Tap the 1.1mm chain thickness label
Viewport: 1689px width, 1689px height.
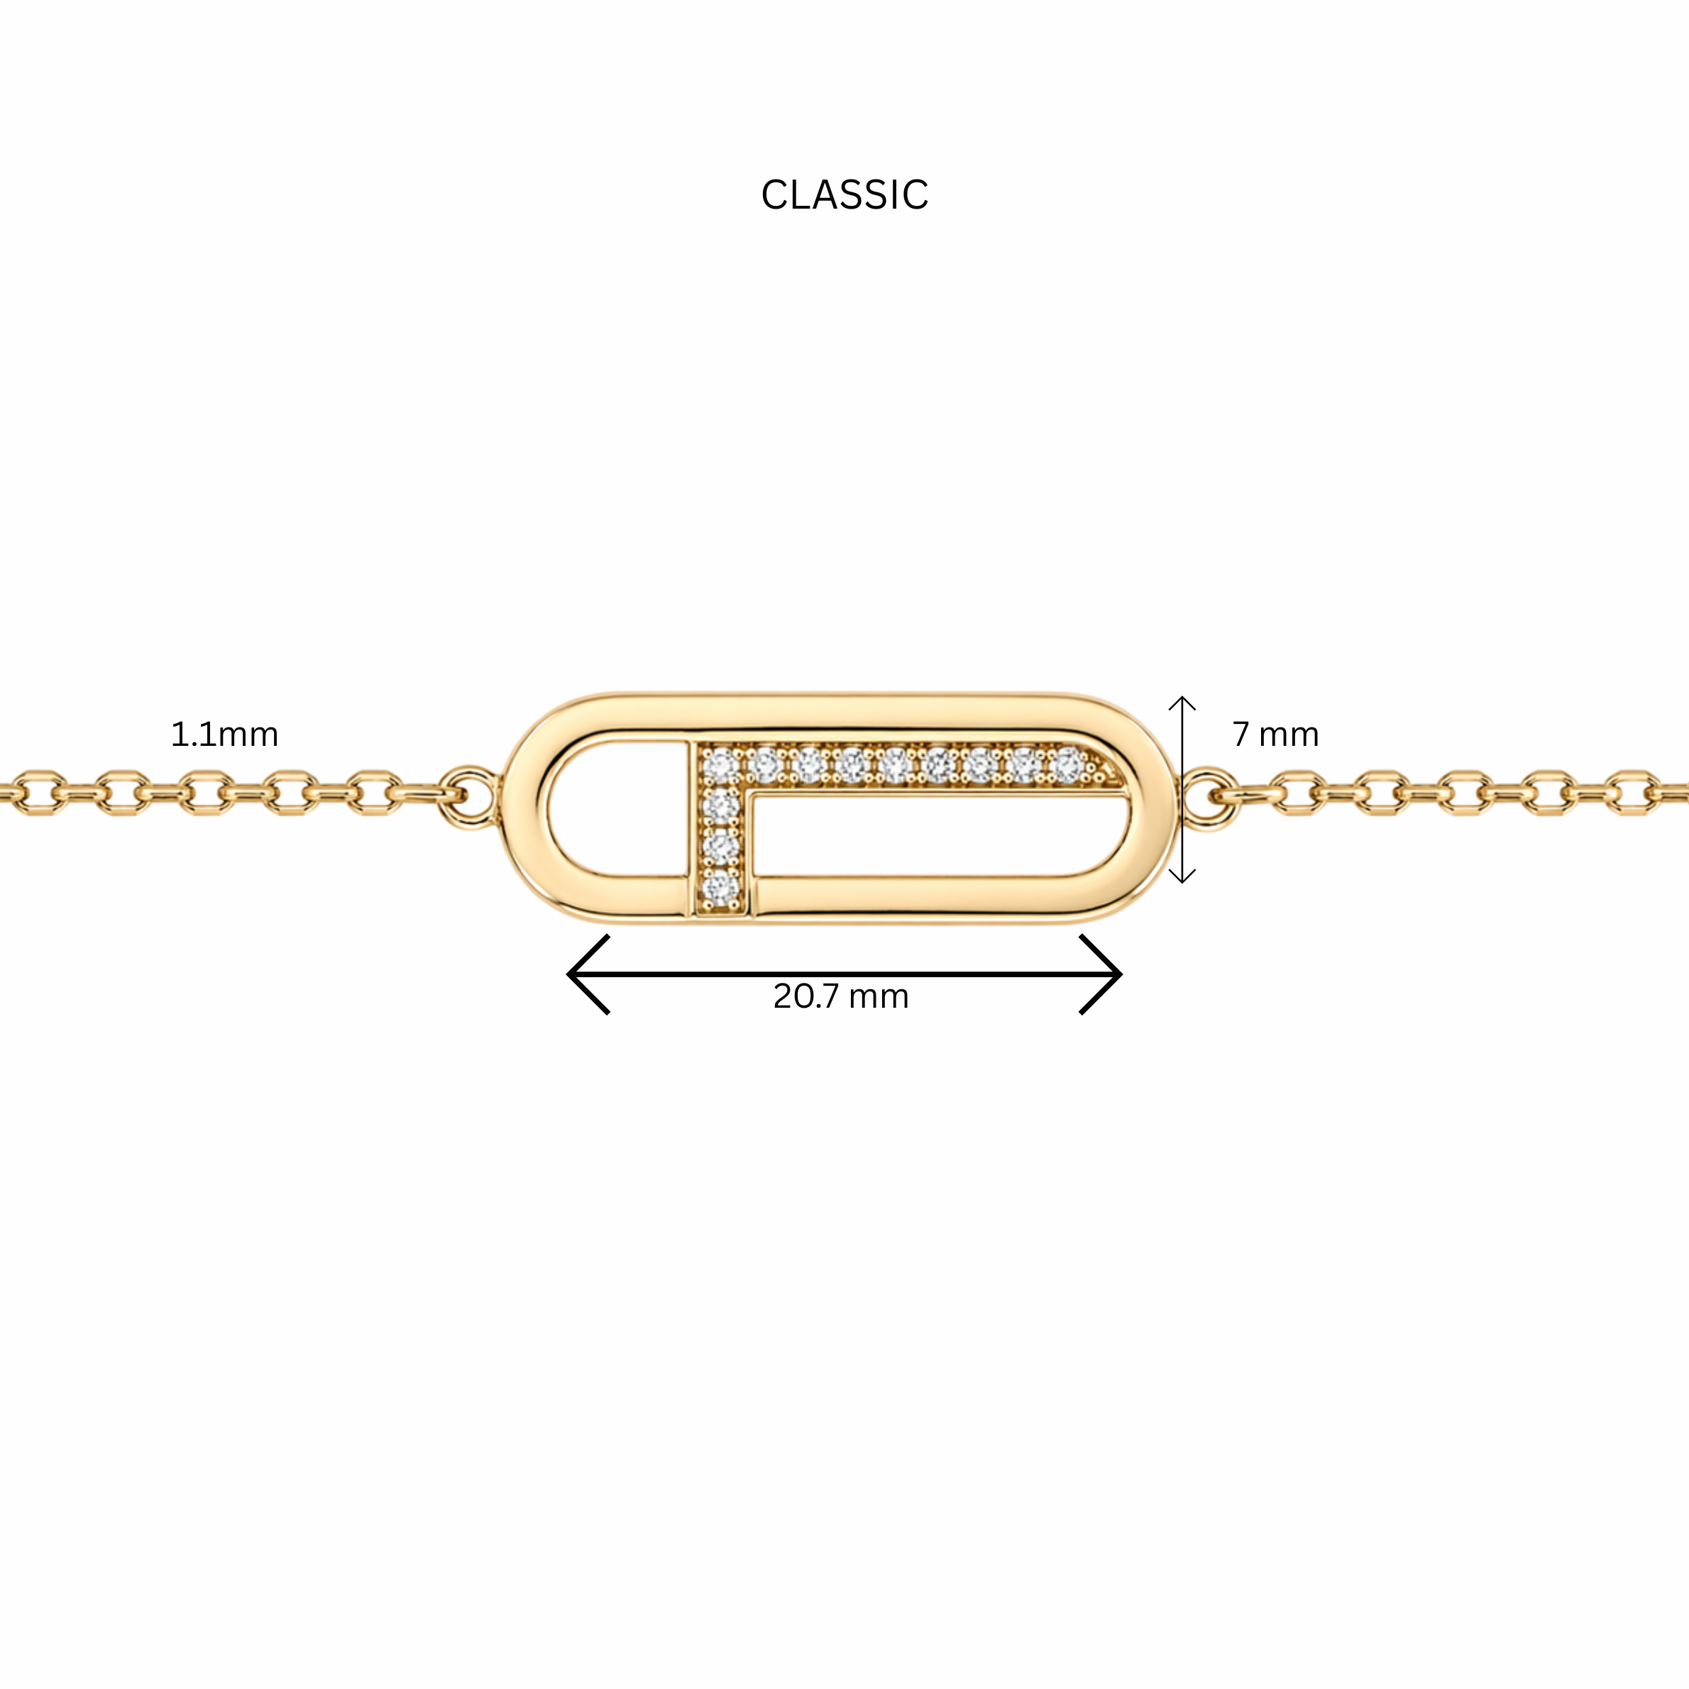225,735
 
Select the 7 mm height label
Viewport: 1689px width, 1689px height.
1275,735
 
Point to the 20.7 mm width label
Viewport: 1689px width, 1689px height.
841,996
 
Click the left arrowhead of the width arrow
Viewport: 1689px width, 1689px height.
584,974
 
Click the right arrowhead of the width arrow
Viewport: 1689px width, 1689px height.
1104,974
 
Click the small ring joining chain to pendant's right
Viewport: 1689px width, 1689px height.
1210,796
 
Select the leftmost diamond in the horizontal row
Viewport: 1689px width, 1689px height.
720,766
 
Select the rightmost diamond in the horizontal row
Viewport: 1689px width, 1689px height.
1067,766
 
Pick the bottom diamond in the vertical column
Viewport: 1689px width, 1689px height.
720,888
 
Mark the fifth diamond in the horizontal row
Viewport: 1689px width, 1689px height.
893,766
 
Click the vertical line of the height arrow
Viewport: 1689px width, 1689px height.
1182,789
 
